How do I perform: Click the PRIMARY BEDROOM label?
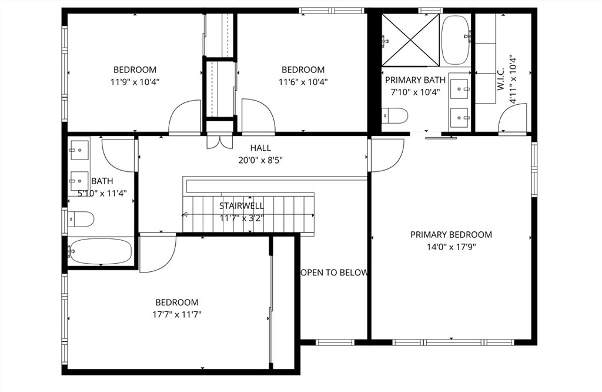[451, 234]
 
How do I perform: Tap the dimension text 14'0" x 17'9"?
[451, 247]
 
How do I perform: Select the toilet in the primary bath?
[395, 116]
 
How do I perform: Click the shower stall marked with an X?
[411, 39]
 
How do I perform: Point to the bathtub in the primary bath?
[456, 39]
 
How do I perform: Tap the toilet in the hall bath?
[81, 220]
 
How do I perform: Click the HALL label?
[260, 148]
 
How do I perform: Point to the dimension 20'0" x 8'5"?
[260, 160]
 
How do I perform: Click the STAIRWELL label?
[242, 206]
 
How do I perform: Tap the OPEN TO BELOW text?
[334, 273]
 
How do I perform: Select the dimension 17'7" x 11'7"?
[177, 314]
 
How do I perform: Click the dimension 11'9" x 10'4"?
[135, 82]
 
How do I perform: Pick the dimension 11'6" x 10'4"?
[303, 82]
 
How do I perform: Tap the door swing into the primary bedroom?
[385, 154]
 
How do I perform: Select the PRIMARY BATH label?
[415, 80]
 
